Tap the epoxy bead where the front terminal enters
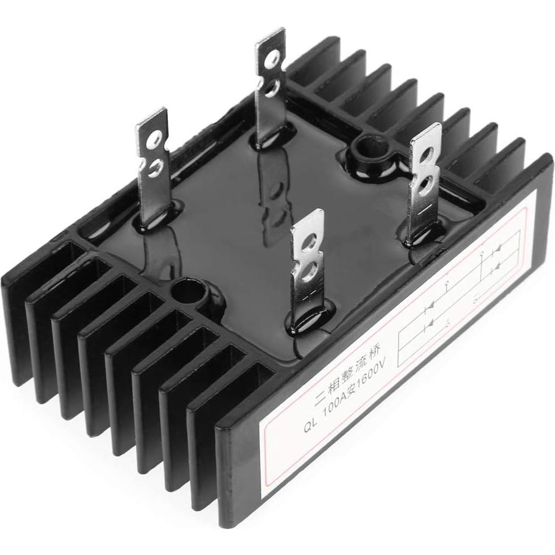303,316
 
